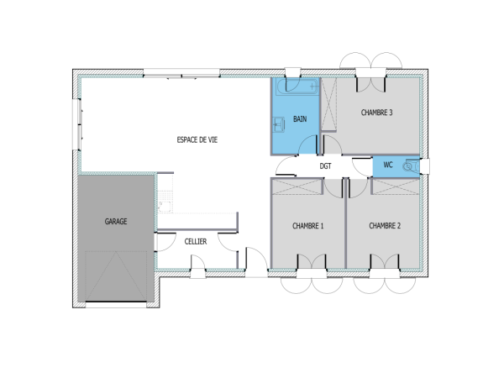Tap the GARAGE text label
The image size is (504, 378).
pyautogui.click(x=116, y=222)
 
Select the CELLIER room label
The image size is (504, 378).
pyautogui.click(x=196, y=241)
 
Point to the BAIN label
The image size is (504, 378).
pyautogui.click(x=300, y=119)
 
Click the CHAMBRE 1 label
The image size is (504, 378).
pyautogui.click(x=307, y=226)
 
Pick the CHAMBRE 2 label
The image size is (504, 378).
pyautogui.click(x=384, y=226)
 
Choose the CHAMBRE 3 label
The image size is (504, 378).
pyautogui.click(x=377, y=113)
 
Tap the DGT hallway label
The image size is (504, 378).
pyautogui.click(x=326, y=166)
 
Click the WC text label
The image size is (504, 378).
pyautogui.click(x=387, y=165)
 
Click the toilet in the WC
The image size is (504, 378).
pyautogui.click(x=410, y=166)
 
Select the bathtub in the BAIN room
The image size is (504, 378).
pyautogui.click(x=296, y=87)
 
